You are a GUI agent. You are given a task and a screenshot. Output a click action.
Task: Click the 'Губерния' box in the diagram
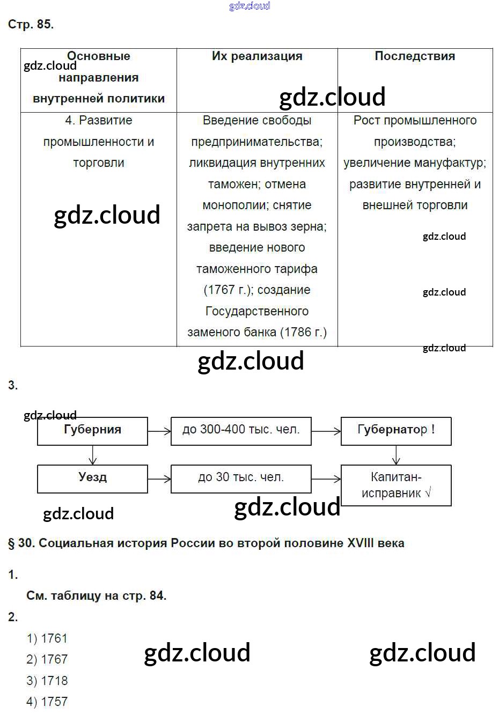[92, 431]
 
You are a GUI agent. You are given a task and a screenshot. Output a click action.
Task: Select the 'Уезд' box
[92, 479]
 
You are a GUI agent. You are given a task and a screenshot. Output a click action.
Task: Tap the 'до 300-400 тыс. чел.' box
[241, 431]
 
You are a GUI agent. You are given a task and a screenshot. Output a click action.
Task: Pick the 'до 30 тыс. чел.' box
[241, 479]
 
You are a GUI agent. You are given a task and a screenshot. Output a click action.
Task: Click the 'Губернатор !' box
[396, 431]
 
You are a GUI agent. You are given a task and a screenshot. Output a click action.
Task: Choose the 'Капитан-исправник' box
[396, 485]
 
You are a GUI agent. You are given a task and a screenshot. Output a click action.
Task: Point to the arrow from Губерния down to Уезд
[93, 455]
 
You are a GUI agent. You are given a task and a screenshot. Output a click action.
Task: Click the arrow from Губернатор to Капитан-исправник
[396, 455]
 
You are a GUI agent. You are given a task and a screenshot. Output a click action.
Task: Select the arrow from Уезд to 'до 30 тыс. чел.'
[159, 479]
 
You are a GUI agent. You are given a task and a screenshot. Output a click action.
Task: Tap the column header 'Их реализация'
[257, 56]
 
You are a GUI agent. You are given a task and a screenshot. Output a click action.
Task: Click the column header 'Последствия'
[415, 56]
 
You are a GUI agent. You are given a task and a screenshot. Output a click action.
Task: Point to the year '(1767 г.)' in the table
[228, 290]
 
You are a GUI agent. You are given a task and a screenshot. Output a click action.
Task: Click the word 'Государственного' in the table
[257, 311]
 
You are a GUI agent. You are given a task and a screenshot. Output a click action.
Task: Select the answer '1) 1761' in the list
[47, 638]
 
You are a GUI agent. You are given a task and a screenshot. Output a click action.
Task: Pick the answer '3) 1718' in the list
[47, 681]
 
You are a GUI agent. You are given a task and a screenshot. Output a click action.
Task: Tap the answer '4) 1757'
[47, 702]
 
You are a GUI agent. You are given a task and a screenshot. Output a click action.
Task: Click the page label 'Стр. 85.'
[31, 25]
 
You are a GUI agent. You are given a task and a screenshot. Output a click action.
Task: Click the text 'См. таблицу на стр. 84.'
[96, 595]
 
